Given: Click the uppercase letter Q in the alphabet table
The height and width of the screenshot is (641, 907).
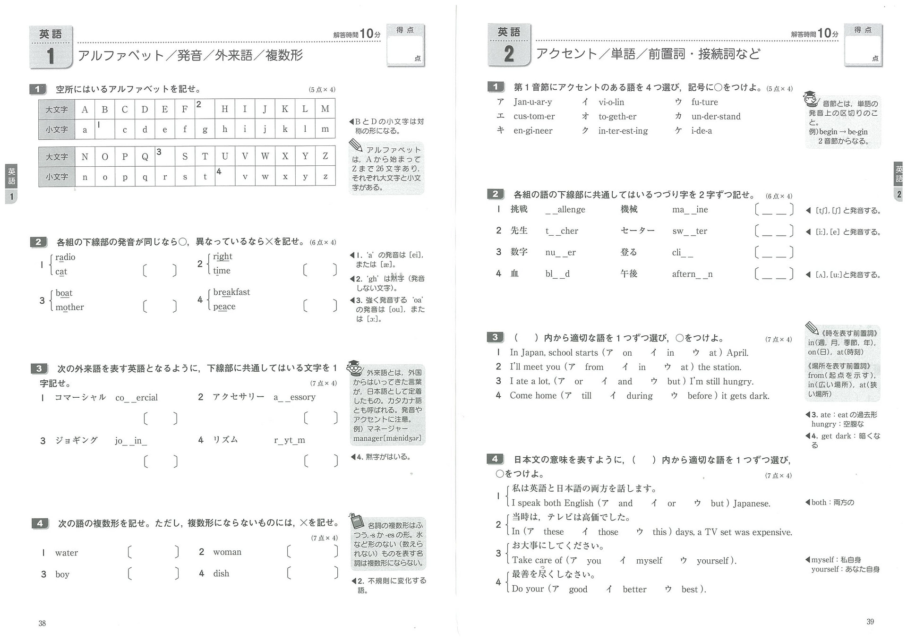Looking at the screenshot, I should tap(145, 156).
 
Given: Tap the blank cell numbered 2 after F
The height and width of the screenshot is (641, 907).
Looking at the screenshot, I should tap(205, 109).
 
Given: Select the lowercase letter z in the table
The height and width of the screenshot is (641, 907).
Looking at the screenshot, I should tap(325, 177).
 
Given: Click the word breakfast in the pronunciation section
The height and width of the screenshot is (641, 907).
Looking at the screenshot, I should tap(231, 292).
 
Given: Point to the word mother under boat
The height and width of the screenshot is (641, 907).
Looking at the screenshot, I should tap(69, 307).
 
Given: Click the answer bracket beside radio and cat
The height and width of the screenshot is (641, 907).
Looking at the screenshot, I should tap(160, 270).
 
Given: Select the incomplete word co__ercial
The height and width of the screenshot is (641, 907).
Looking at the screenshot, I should tap(137, 398).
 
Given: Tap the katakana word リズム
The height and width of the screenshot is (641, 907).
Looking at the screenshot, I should tap(225, 440).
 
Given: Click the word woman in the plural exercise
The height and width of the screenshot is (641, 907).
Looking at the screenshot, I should tap(227, 552).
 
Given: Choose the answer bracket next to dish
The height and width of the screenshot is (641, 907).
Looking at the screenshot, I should tap(312, 573).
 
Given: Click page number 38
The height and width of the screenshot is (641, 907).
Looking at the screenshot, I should tap(42, 623).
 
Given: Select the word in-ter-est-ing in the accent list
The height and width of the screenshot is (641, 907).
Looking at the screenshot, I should tap(623, 131).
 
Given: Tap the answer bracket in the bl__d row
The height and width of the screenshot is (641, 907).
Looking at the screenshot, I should tap(774, 274).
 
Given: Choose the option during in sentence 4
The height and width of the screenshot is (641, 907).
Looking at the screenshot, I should tap(639, 396).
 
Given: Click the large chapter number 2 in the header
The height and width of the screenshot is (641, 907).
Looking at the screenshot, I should tap(509, 54).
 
